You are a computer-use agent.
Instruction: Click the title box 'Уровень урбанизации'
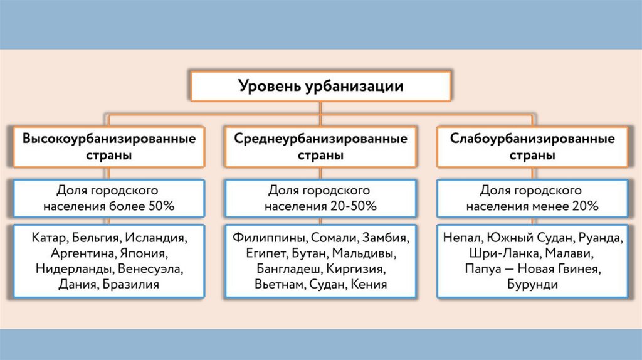(x=320, y=86)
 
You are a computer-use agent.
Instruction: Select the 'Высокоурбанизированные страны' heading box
(x=108, y=146)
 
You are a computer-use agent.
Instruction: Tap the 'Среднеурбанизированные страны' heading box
(x=320, y=146)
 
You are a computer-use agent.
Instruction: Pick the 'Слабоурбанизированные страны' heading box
(x=532, y=146)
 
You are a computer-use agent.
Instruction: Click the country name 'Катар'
(x=48, y=238)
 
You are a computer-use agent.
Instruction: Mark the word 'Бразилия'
(x=134, y=285)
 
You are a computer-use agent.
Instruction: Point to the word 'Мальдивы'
(x=364, y=254)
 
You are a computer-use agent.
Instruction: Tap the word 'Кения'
(x=369, y=285)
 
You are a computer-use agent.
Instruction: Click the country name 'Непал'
(x=462, y=238)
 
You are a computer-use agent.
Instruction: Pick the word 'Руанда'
(x=600, y=238)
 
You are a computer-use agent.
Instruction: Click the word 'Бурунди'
(x=532, y=285)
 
